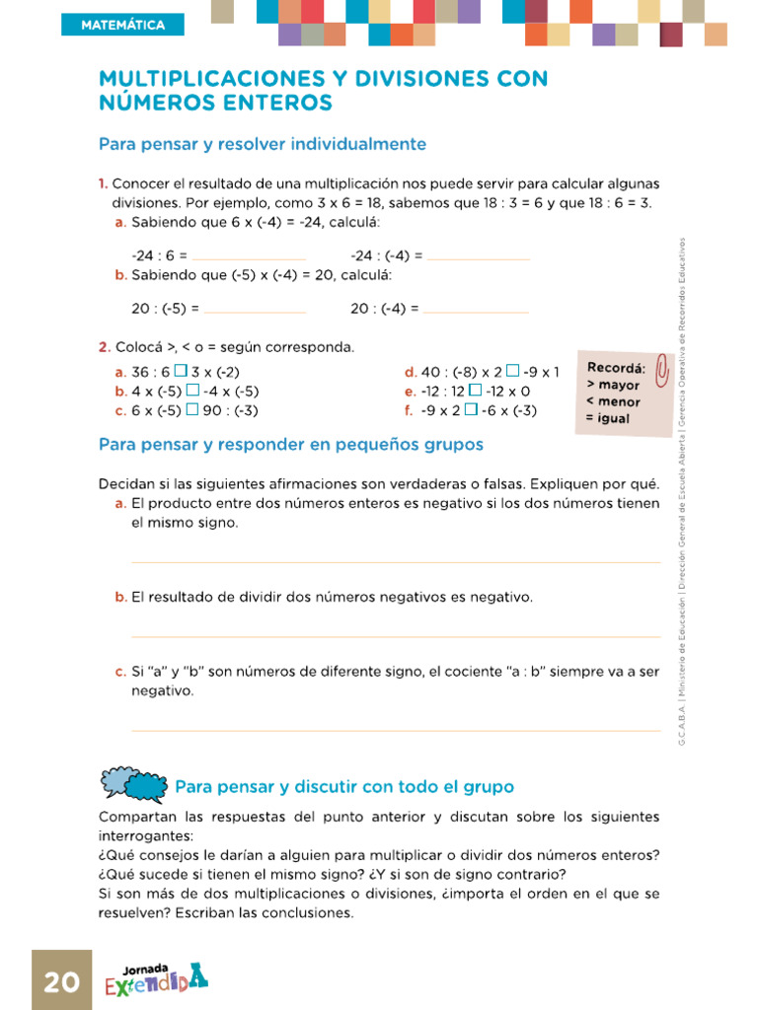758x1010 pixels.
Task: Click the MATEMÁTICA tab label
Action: [x=122, y=25]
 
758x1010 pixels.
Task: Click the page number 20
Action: [x=61, y=981]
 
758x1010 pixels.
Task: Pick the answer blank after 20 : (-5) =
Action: [x=256, y=311]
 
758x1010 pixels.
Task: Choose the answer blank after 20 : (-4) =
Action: [x=477, y=311]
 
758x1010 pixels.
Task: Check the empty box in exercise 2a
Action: [x=181, y=372]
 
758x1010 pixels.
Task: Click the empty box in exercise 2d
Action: [x=512, y=372]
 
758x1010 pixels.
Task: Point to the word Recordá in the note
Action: [x=616, y=368]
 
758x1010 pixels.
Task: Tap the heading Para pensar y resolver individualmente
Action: [x=263, y=144]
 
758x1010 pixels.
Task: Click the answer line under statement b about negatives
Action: [x=395, y=635]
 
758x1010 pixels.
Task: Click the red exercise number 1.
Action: [x=103, y=184]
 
